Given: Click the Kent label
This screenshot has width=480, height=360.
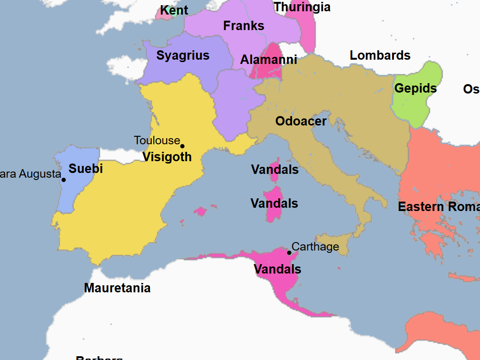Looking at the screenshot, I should (174, 10).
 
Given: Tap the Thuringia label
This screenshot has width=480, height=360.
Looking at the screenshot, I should (302, 7).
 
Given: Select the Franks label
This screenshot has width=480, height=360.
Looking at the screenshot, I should (244, 26).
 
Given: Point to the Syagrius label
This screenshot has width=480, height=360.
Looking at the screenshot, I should (183, 55).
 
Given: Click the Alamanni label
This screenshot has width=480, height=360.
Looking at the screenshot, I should (268, 60).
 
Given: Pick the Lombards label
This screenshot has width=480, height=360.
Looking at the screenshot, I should (380, 55).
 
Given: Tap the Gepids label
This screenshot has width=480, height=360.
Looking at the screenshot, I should (416, 88).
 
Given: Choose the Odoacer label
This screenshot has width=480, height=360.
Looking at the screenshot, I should (301, 121).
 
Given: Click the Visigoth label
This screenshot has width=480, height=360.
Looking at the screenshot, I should (167, 157).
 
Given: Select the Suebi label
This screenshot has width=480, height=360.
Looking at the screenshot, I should (86, 169).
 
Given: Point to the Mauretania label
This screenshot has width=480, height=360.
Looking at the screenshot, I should (117, 288).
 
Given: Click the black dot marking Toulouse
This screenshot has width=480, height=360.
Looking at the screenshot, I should (182, 146).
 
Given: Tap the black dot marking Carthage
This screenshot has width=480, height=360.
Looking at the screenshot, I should (289, 253).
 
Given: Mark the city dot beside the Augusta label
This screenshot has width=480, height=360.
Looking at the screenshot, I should (63, 180).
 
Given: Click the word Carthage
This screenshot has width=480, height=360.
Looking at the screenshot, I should (315, 247).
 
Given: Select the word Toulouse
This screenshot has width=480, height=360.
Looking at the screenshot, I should (157, 141).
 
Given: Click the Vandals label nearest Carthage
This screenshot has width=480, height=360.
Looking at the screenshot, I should (277, 269).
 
